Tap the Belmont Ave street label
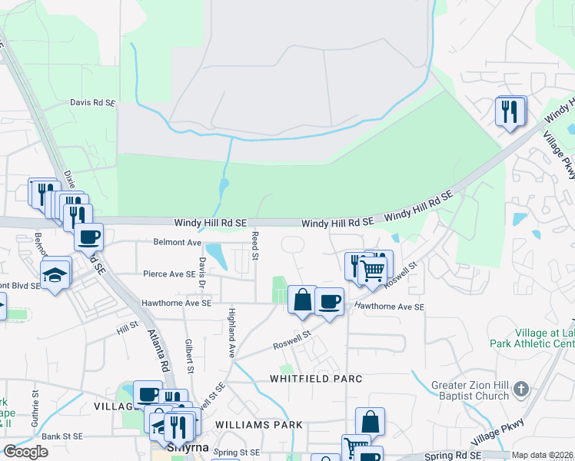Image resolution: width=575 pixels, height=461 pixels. click(x=178, y=242)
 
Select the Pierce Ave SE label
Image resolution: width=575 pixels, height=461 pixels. click(x=169, y=274)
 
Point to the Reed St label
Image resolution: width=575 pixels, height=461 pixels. click(x=255, y=242)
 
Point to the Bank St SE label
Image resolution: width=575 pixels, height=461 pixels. click(x=61, y=436)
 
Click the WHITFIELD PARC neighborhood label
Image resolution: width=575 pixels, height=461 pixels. click(x=315, y=379)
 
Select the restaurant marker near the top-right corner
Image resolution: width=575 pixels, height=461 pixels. click(x=510, y=111)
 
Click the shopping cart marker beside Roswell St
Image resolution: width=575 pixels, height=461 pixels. click(x=373, y=270)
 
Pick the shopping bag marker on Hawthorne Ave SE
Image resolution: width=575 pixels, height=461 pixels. click(x=303, y=299)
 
